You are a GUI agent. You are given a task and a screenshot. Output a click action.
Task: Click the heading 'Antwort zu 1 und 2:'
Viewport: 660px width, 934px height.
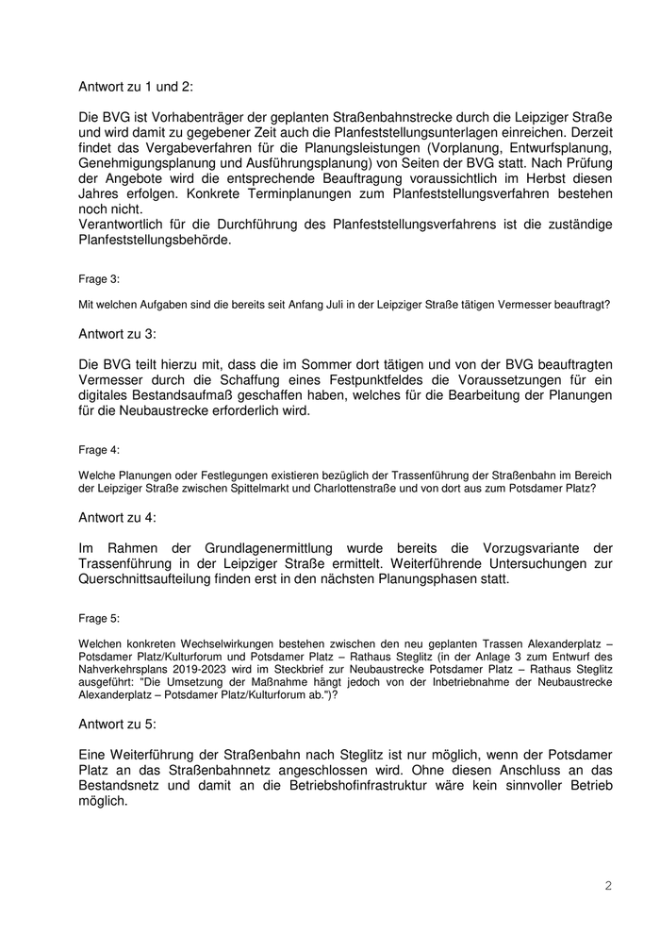[136, 86]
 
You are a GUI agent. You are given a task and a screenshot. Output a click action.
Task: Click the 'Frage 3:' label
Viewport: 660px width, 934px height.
[99, 279]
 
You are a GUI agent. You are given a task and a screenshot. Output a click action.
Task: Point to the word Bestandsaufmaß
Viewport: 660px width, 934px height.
[176, 395]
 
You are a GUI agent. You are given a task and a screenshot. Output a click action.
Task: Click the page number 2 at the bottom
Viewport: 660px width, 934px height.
[608, 886]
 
